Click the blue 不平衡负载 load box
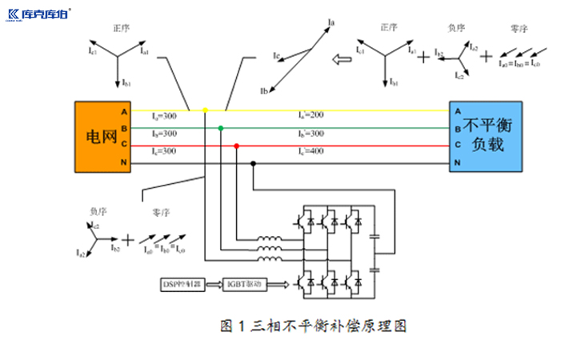(x=486, y=136)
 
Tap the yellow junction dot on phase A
(x=205, y=110)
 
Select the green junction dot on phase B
(x=221, y=128)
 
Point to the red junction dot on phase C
(x=236, y=146)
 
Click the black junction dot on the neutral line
(x=253, y=162)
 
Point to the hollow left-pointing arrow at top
(x=343, y=58)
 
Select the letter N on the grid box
(x=123, y=162)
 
